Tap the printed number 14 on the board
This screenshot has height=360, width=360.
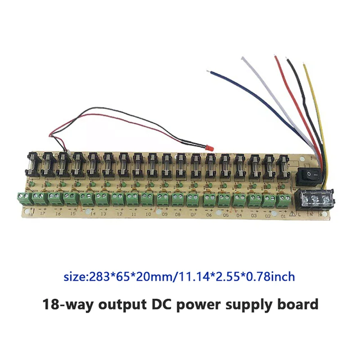(x=93, y=215)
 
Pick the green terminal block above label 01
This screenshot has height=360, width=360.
(x=282, y=199)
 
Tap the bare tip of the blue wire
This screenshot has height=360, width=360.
(x=207, y=71)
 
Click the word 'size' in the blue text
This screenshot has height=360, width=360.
(x=74, y=276)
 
